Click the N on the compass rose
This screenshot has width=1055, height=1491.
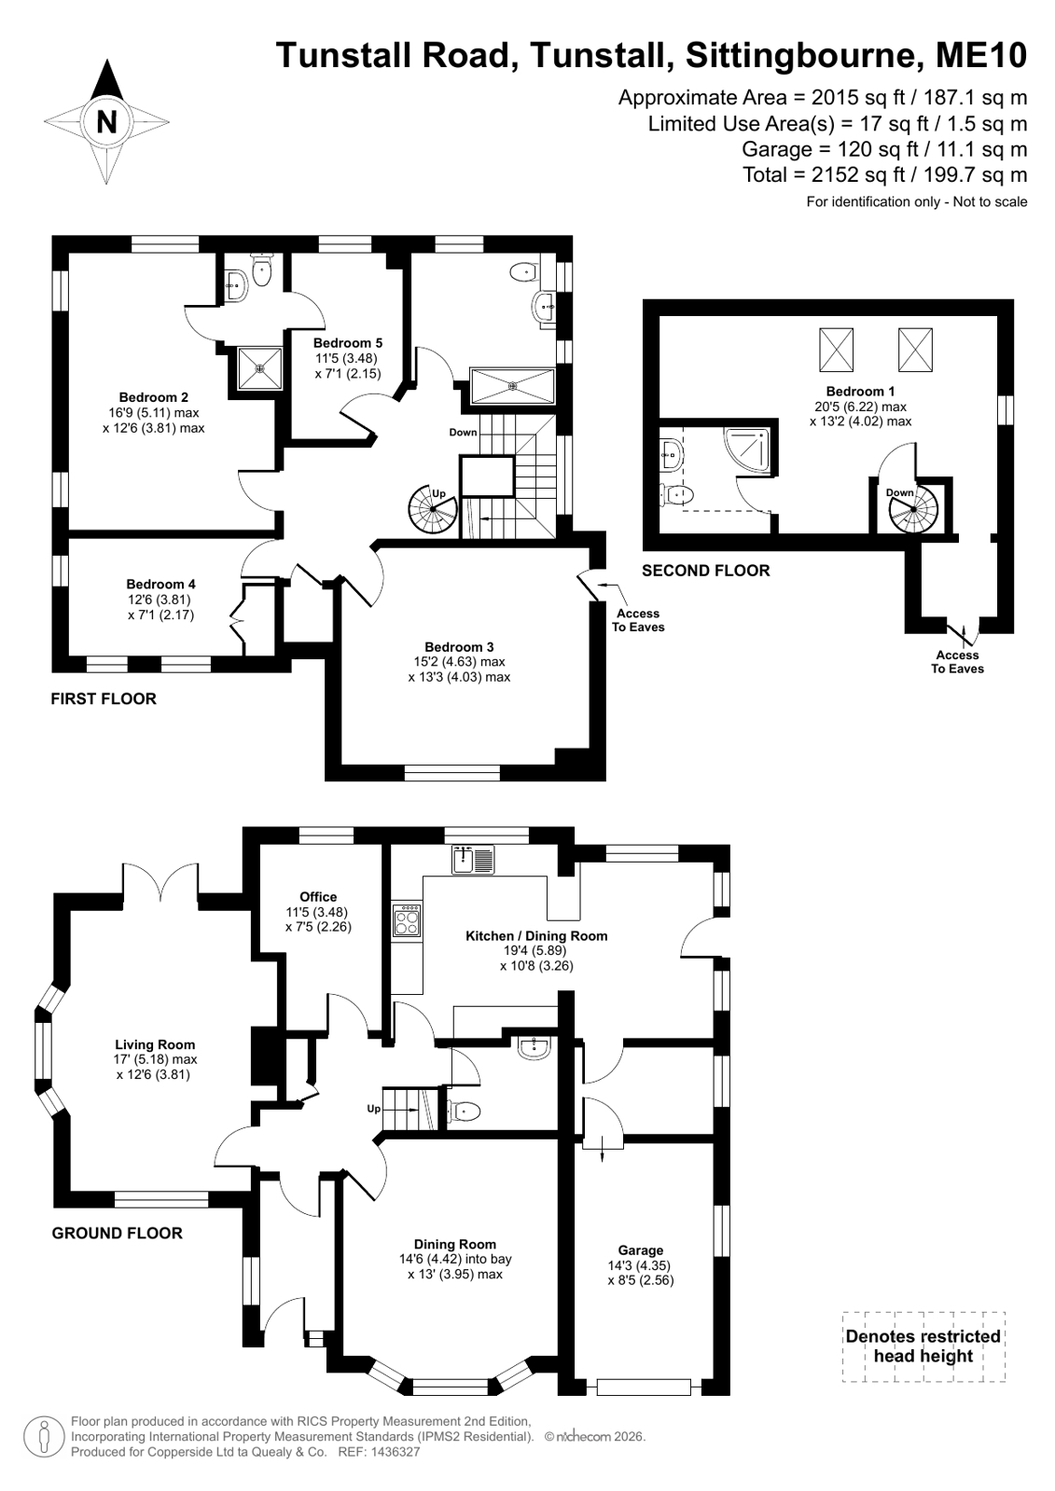tap(106, 122)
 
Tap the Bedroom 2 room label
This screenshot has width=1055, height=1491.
tap(154, 397)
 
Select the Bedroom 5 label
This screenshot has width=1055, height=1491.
tap(348, 343)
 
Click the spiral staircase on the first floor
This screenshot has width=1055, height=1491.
tap(434, 510)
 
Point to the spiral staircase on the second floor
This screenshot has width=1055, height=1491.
tap(913, 508)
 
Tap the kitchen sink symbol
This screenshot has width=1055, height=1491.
tap(473, 859)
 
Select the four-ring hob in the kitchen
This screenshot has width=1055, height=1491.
tap(407, 920)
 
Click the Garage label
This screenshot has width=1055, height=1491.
tap(641, 1250)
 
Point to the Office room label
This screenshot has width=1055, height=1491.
tap(318, 897)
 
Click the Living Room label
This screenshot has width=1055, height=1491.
tap(155, 1044)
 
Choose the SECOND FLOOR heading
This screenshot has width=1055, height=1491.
tap(706, 571)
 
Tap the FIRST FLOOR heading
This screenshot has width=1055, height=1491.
tap(104, 698)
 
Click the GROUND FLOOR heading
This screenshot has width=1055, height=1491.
tap(118, 1233)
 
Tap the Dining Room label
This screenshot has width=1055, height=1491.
tap(455, 1244)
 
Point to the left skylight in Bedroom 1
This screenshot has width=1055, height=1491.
tap(836, 350)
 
